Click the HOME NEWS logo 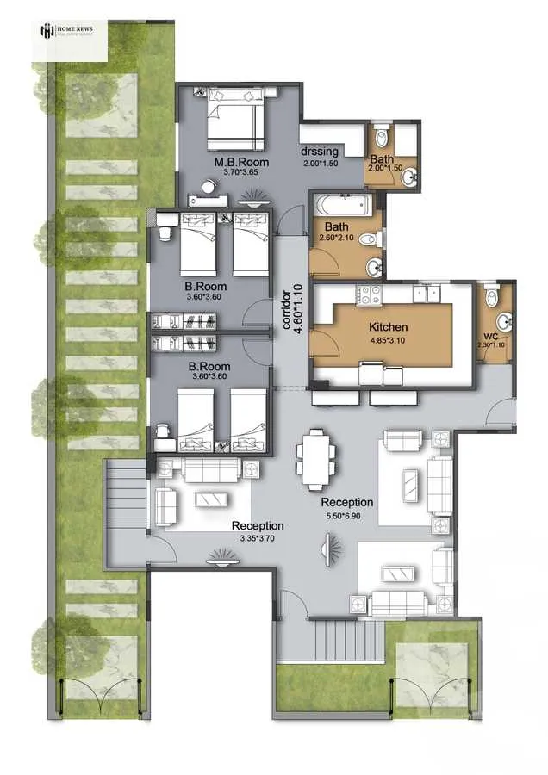point(71,32)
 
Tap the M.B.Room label point(241,162)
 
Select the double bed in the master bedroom point(234,123)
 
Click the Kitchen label point(388,327)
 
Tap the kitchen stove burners point(371,294)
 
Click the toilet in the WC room point(492,297)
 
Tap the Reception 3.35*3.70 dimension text point(256,538)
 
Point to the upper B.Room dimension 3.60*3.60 point(205,298)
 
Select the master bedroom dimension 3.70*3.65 point(241,172)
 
